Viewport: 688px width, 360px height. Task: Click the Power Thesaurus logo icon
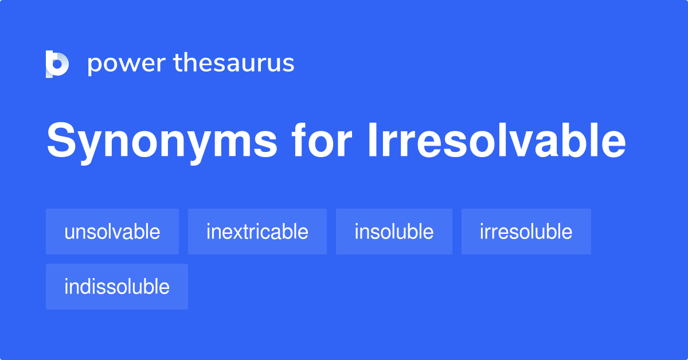click(57, 64)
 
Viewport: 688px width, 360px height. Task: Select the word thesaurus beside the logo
click(234, 64)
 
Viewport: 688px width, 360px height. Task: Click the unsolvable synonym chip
click(112, 232)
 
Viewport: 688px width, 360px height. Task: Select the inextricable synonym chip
click(257, 232)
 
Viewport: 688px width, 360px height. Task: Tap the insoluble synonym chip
click(394, 232)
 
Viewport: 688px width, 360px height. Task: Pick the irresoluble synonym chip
click(526, 232)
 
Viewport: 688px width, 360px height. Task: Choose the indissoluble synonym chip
click(117, 287)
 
